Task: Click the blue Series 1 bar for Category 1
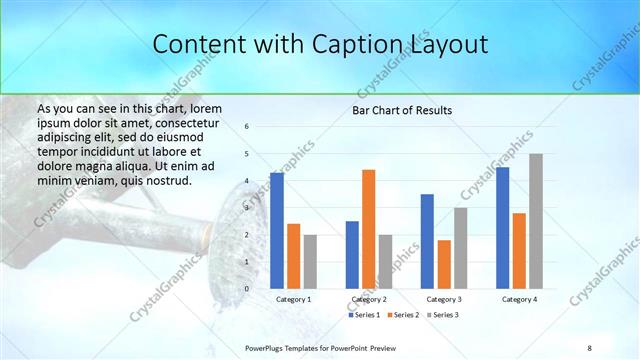(277, 231)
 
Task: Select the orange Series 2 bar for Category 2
(368, 229)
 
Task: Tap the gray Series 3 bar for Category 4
(536, 221)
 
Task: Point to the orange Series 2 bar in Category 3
(444, 264)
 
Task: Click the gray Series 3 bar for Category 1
(310, 261)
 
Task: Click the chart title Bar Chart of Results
(402, 109)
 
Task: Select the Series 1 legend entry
(364, 315)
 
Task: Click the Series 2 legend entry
(402, 315)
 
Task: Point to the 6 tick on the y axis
(247, 127)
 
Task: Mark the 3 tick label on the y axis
(247, 208)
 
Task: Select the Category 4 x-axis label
(519, 299)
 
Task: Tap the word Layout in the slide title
(447, 45)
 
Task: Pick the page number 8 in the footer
(588, 347)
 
